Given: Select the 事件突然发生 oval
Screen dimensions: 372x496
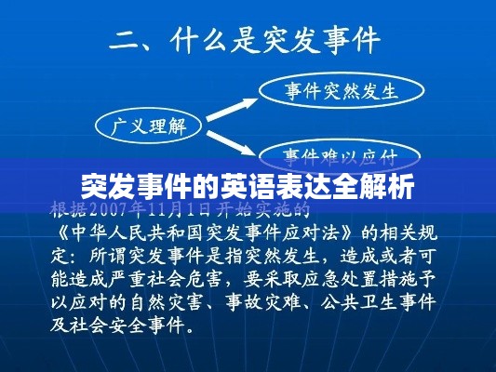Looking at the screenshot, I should (341, 91).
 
